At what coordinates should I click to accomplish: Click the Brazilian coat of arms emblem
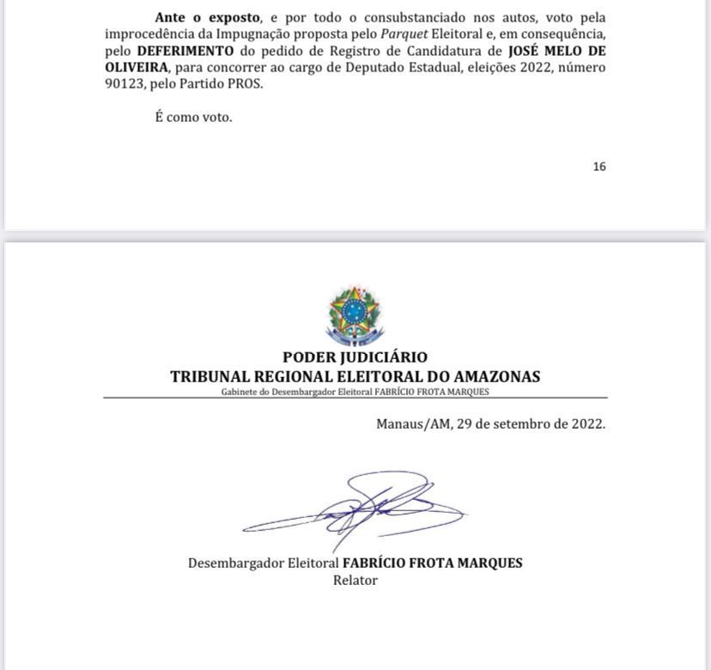tap(355, 315)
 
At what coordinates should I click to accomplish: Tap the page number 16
tap(599, 167)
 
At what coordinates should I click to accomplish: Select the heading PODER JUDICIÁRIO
tap(355, 357)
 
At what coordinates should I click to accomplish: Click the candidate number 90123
tap(123, 84)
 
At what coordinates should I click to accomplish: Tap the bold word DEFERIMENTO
tap(185, 51)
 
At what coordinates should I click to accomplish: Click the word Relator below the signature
tap(355, 580)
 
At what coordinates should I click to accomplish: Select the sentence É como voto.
tap(193, 117)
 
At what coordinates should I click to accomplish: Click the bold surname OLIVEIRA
tap(137, 67)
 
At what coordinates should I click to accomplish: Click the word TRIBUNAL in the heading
tap(210, 377)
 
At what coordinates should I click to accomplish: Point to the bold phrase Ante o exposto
tap(207, 17)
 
